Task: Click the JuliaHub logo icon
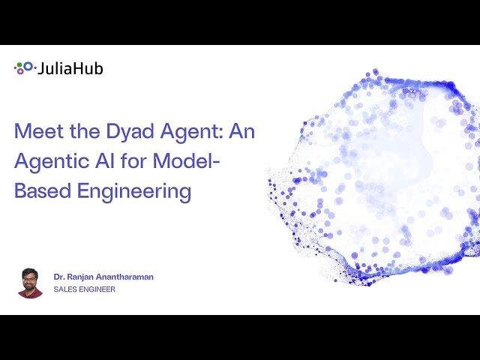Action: coord(24,67)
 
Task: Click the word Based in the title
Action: coord(39,190)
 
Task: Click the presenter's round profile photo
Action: coord(30,283)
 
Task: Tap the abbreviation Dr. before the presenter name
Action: coord(59,277)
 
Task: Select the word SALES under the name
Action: coord(63,289)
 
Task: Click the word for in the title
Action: coord(142,161)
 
